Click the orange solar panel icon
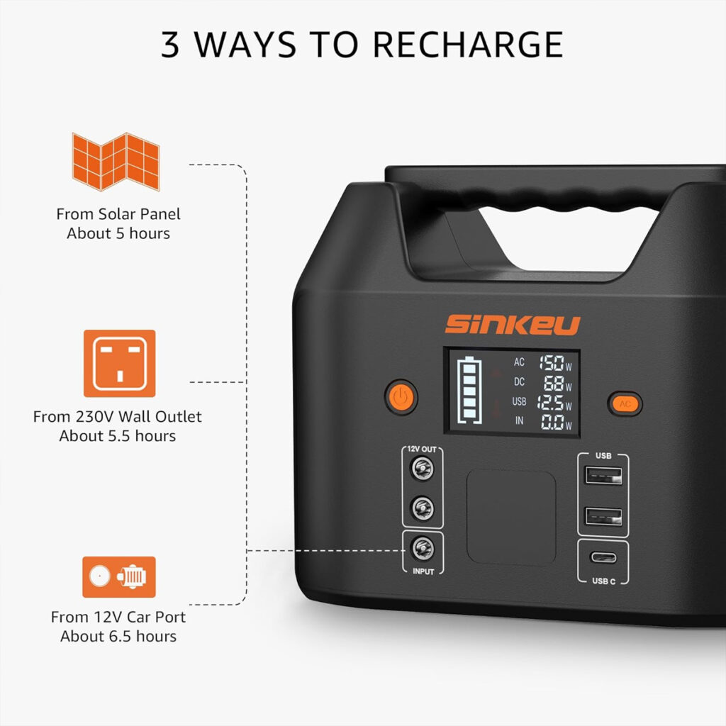[x=116, y=162]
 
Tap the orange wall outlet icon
[x=119, y=364]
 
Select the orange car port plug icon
[x=119, y=577]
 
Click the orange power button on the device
[x=401, y=397]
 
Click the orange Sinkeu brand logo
[x=513, y=325]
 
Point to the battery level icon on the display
[x=469, y=391]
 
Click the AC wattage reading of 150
[x=551, y=363]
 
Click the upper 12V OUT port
[x=423, y=468]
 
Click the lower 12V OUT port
[x=423, y=508]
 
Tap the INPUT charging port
[x=423, y=549]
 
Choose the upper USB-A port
[x=603, y=476]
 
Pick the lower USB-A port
[x=603, y=516]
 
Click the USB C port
[x=603, y=557]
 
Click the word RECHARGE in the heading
[x=468, y=45]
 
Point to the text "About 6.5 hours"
[x=118, y=636]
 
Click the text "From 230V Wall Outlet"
[x=118, y=417]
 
